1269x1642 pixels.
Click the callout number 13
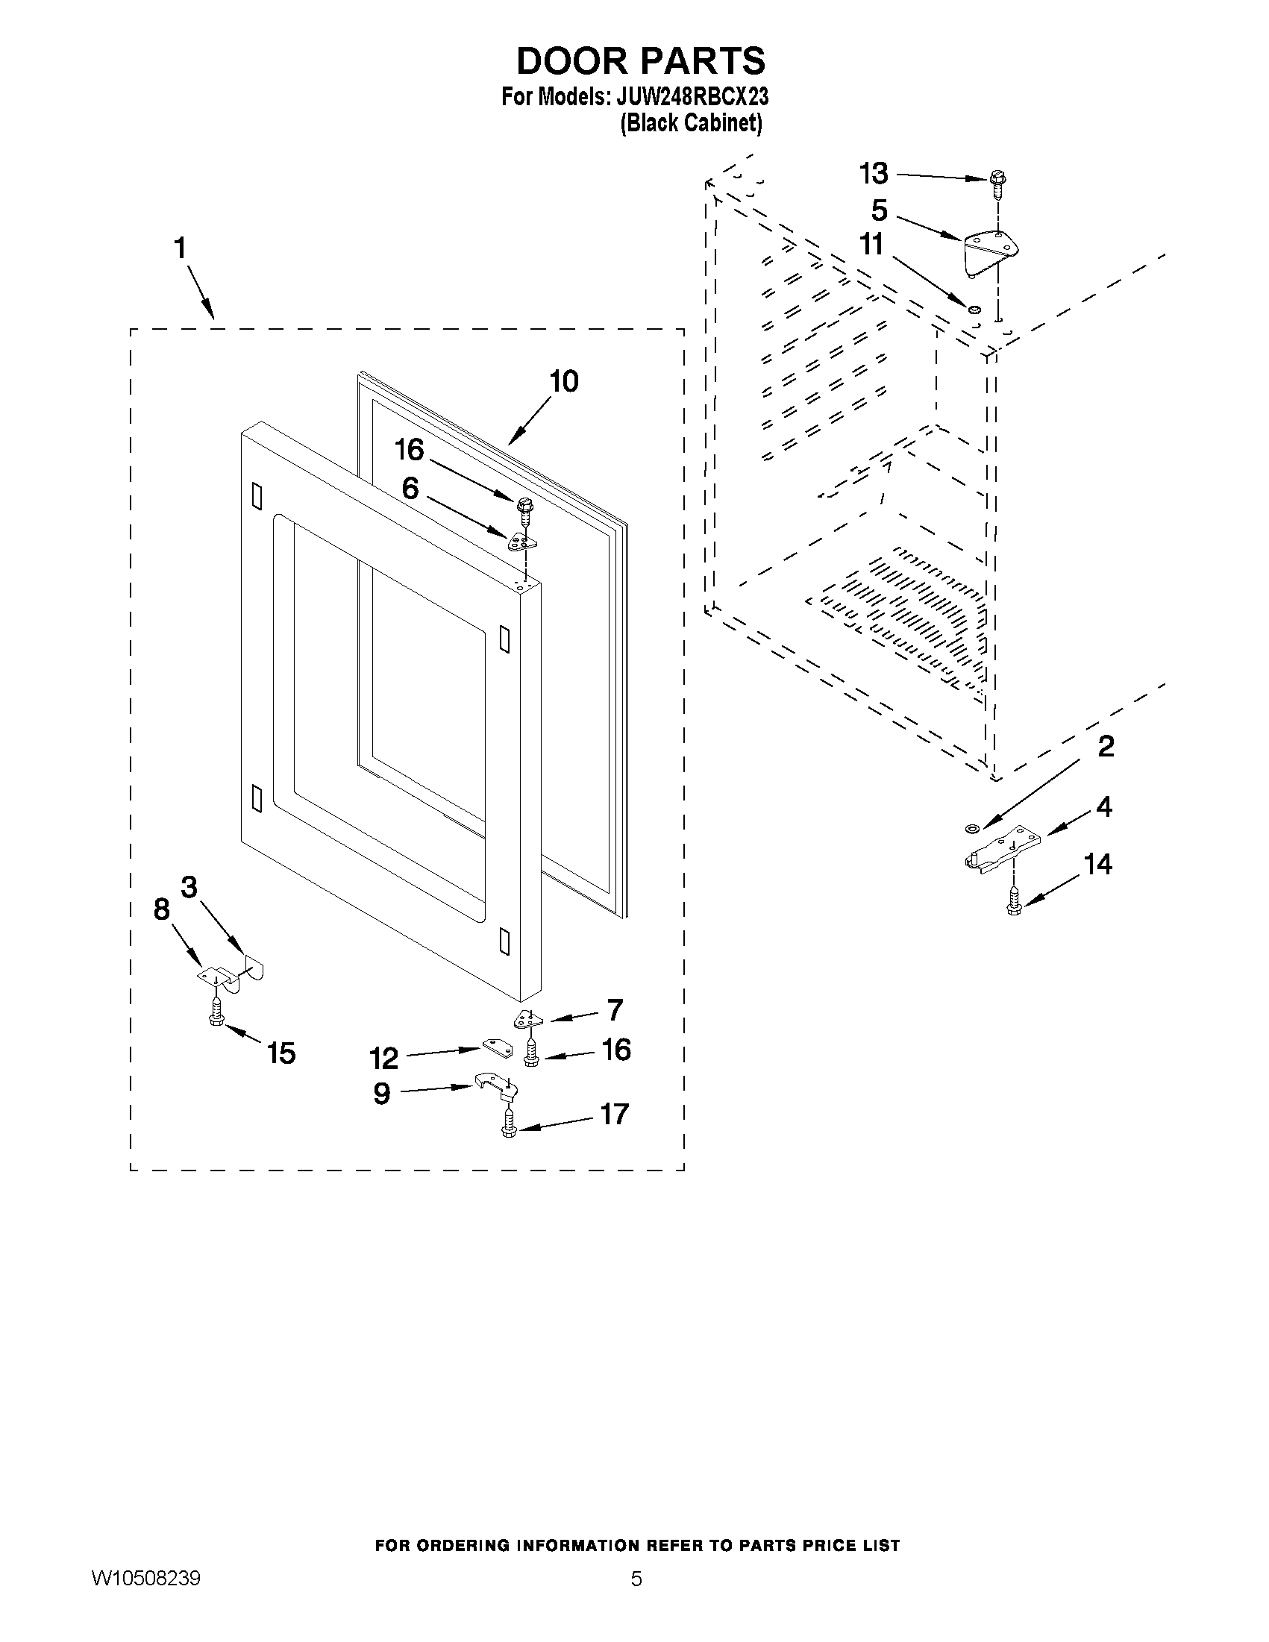[874, 174]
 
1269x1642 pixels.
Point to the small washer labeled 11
[973, 308]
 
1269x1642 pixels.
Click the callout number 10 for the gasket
[564, 381]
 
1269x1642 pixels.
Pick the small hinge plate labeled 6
[521, 542]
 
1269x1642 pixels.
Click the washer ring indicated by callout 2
[971, 829]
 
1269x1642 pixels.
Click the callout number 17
[614, 1114]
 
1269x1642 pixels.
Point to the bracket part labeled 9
[495, 1087]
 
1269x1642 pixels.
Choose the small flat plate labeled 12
[492, 1046]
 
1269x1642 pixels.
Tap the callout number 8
[162, 909]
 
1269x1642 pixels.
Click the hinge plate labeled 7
[526, 1021]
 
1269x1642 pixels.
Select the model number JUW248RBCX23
[692, 98]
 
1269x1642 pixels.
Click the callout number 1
[180, 248]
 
